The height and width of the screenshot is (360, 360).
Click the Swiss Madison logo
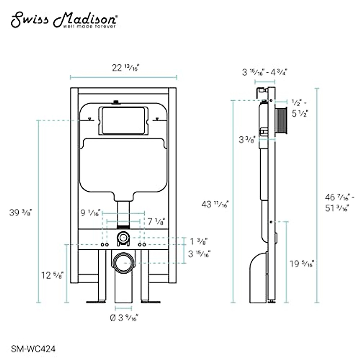point(64,20)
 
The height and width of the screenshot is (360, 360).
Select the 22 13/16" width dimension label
point(126,68)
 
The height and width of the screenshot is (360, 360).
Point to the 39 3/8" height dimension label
point(21,213)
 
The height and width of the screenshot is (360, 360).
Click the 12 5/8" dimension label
point(52,275)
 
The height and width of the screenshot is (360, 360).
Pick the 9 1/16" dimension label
point(91,213)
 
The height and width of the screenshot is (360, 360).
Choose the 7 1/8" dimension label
point(156,222)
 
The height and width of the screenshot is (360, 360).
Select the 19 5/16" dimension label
point(302,264)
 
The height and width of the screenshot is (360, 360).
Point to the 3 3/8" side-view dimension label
point(247,139)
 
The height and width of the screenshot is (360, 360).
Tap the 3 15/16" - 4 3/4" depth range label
point(264,72)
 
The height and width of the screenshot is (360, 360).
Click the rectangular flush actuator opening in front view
point(123,120)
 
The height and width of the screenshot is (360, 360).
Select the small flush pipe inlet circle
point(122,238)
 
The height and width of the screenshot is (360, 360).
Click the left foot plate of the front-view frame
point(96,301)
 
